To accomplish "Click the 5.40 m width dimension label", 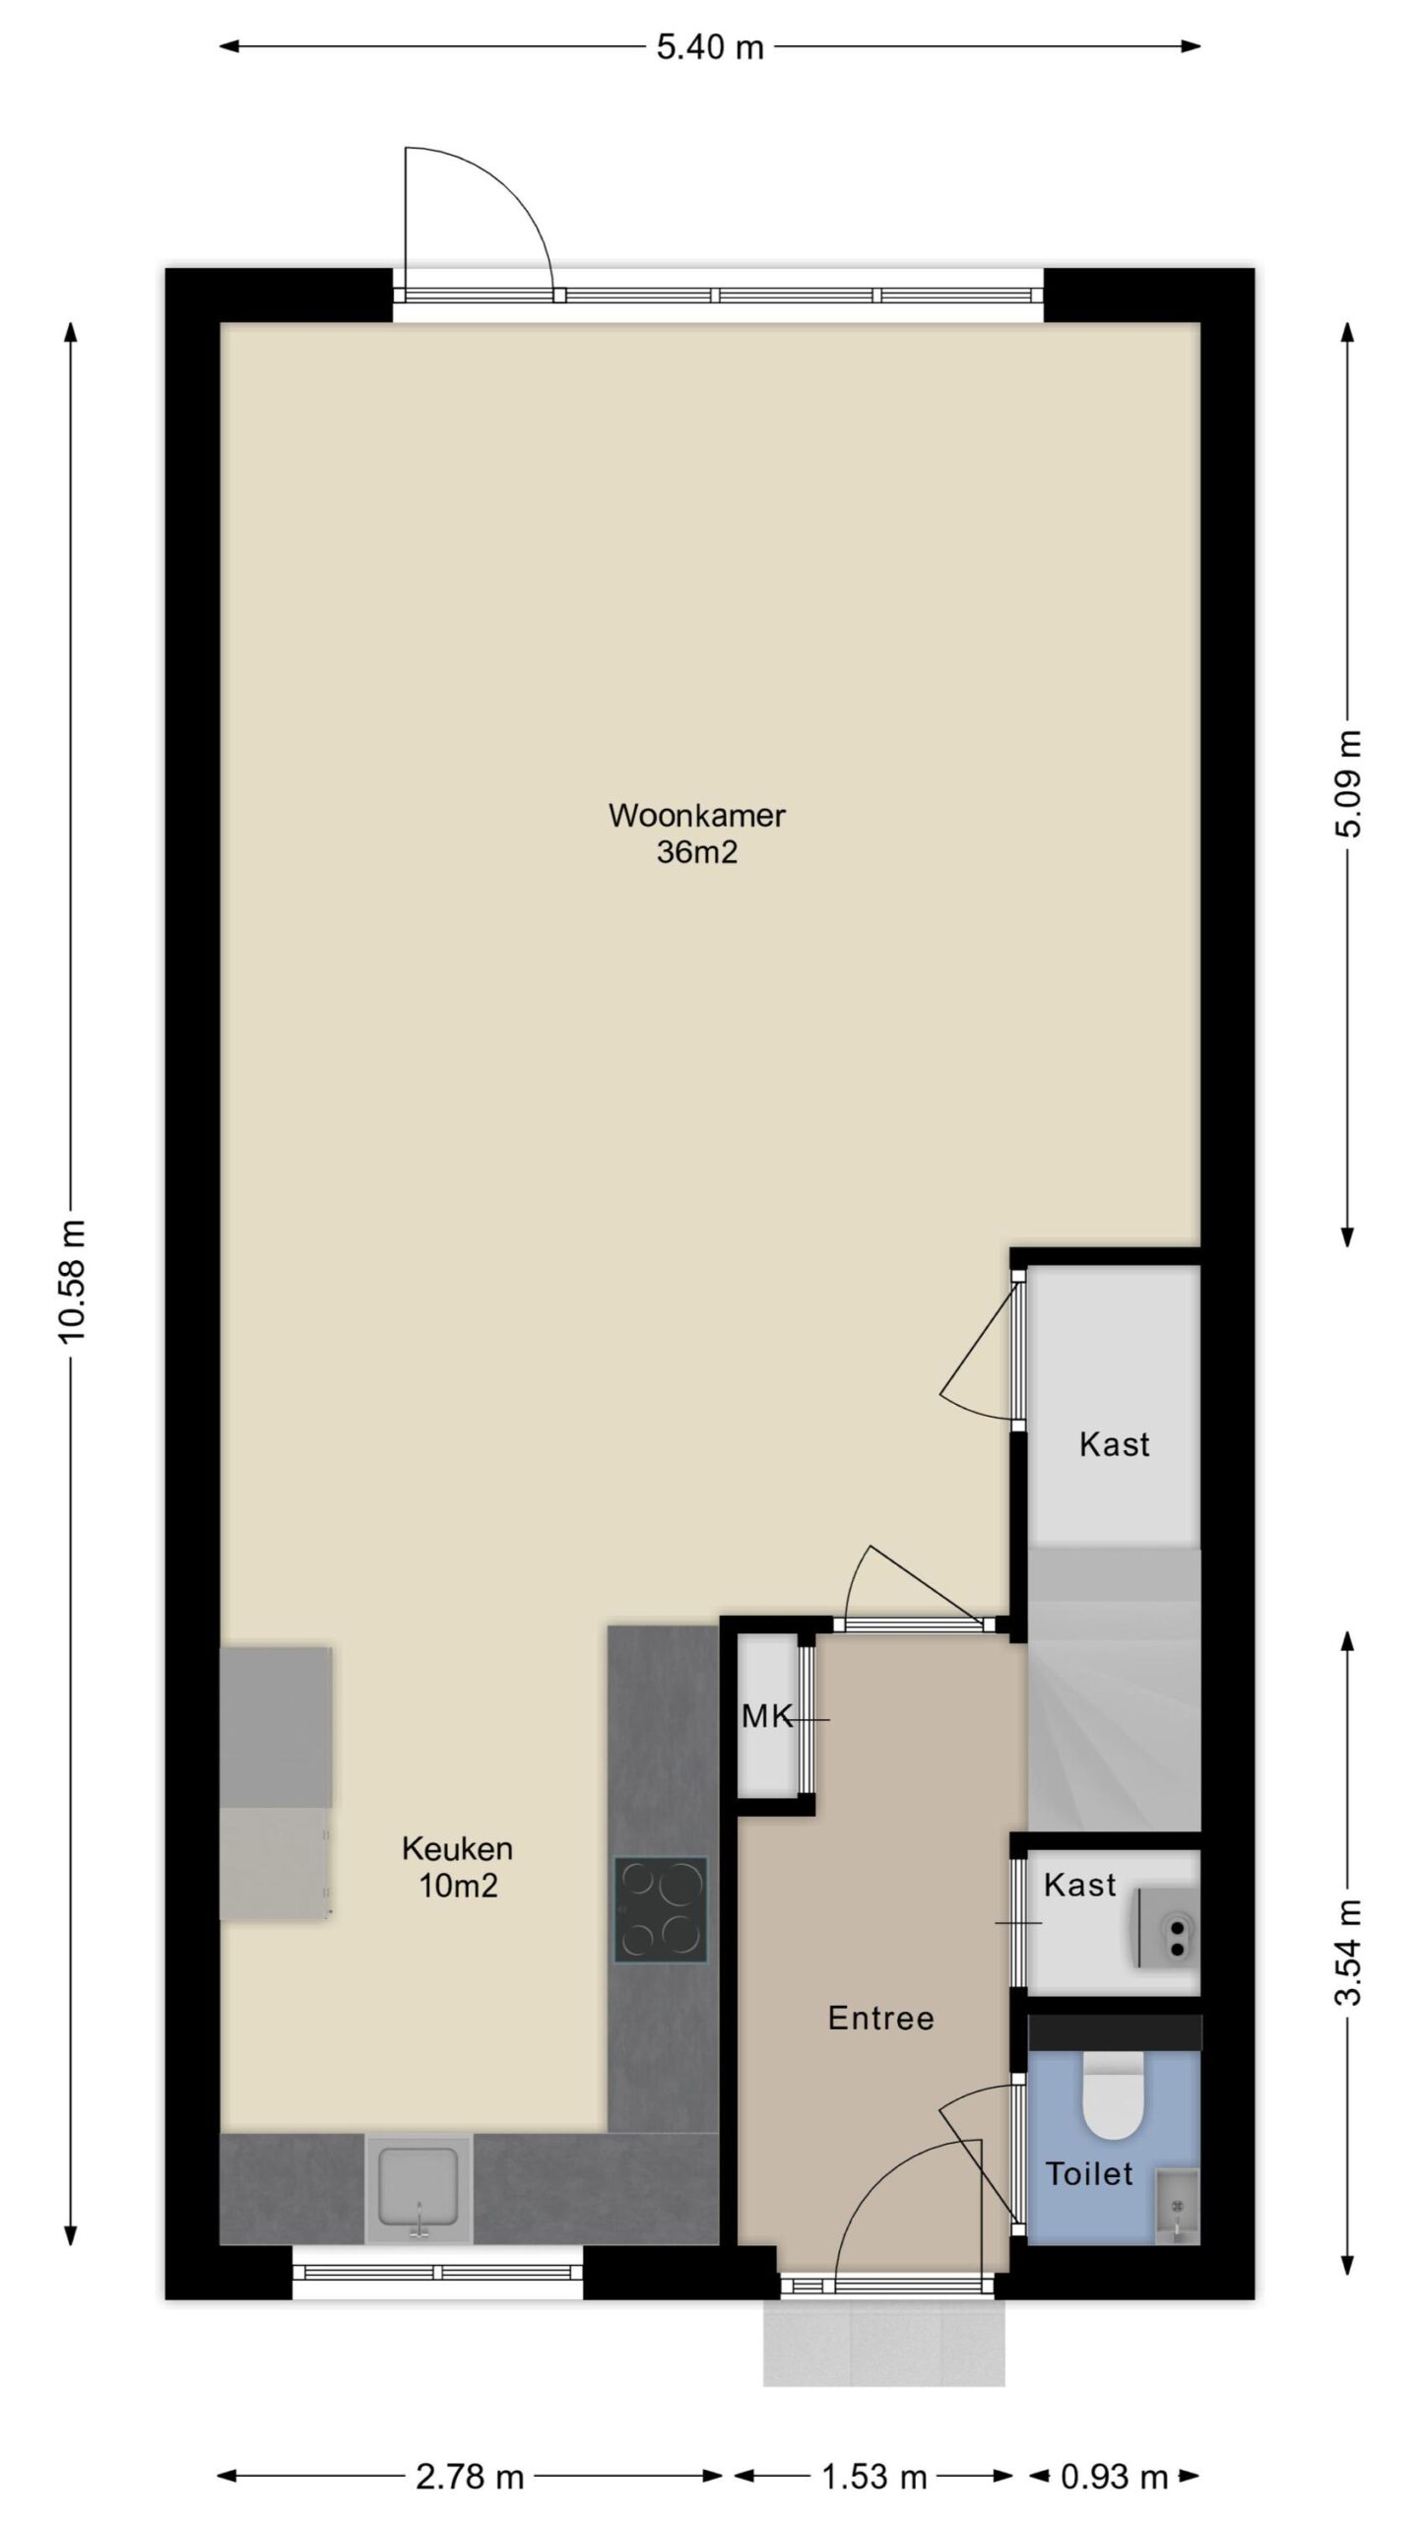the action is click(x=709, y=47).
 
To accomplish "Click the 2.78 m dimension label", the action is click(x=469, y=2469).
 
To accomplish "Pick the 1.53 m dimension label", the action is click(x=873, y=2469).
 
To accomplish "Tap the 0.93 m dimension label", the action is click(x=1114, y=2469).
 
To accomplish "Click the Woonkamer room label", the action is click(x=697, y=816).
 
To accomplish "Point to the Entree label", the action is click(x=880, y=2018).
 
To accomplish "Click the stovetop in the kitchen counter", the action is click(x=661, y=1908).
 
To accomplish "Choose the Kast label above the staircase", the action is click(x=1114, y=1444).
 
